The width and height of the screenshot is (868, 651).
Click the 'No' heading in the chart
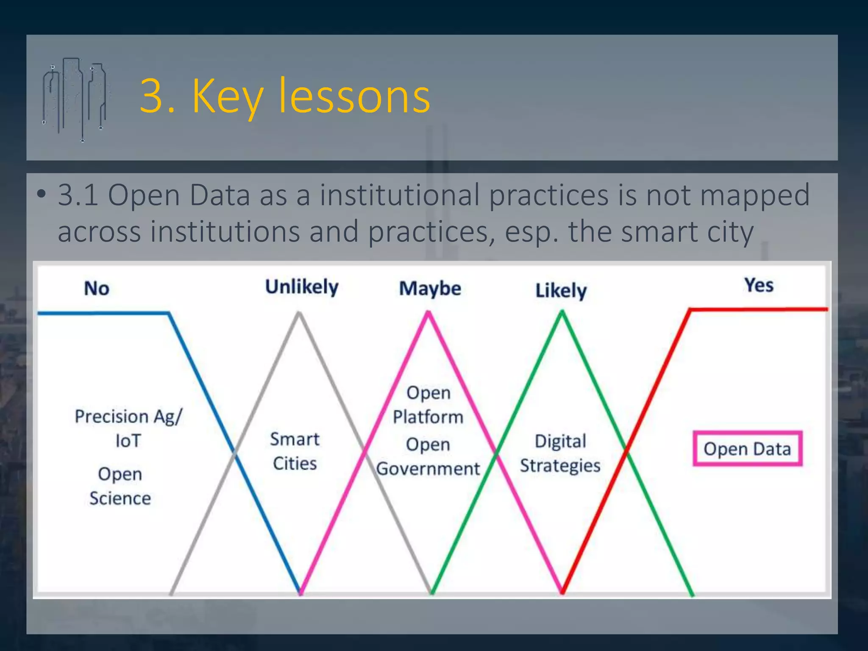click(x=97, y=289)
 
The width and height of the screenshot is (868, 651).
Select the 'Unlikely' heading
click(x=302, y=287)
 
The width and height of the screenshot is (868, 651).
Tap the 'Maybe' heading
click(x=430, y=289)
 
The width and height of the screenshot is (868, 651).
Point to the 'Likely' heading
click(x=561, y=291)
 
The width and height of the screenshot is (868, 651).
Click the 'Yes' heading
click(x=759, y=285)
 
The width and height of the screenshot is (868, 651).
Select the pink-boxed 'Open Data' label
click(x=747, y=449)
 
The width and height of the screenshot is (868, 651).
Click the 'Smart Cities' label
click(x=295, y=451)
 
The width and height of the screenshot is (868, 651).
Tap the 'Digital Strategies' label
click(x=560, y=453)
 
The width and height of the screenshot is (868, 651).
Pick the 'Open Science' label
click(x=120, y=486)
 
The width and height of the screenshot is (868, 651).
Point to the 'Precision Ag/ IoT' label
click(x=128, y=428)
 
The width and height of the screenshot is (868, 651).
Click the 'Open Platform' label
click(x=428, y=405)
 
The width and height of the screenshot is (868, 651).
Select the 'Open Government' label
click(x=428, y=457)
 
